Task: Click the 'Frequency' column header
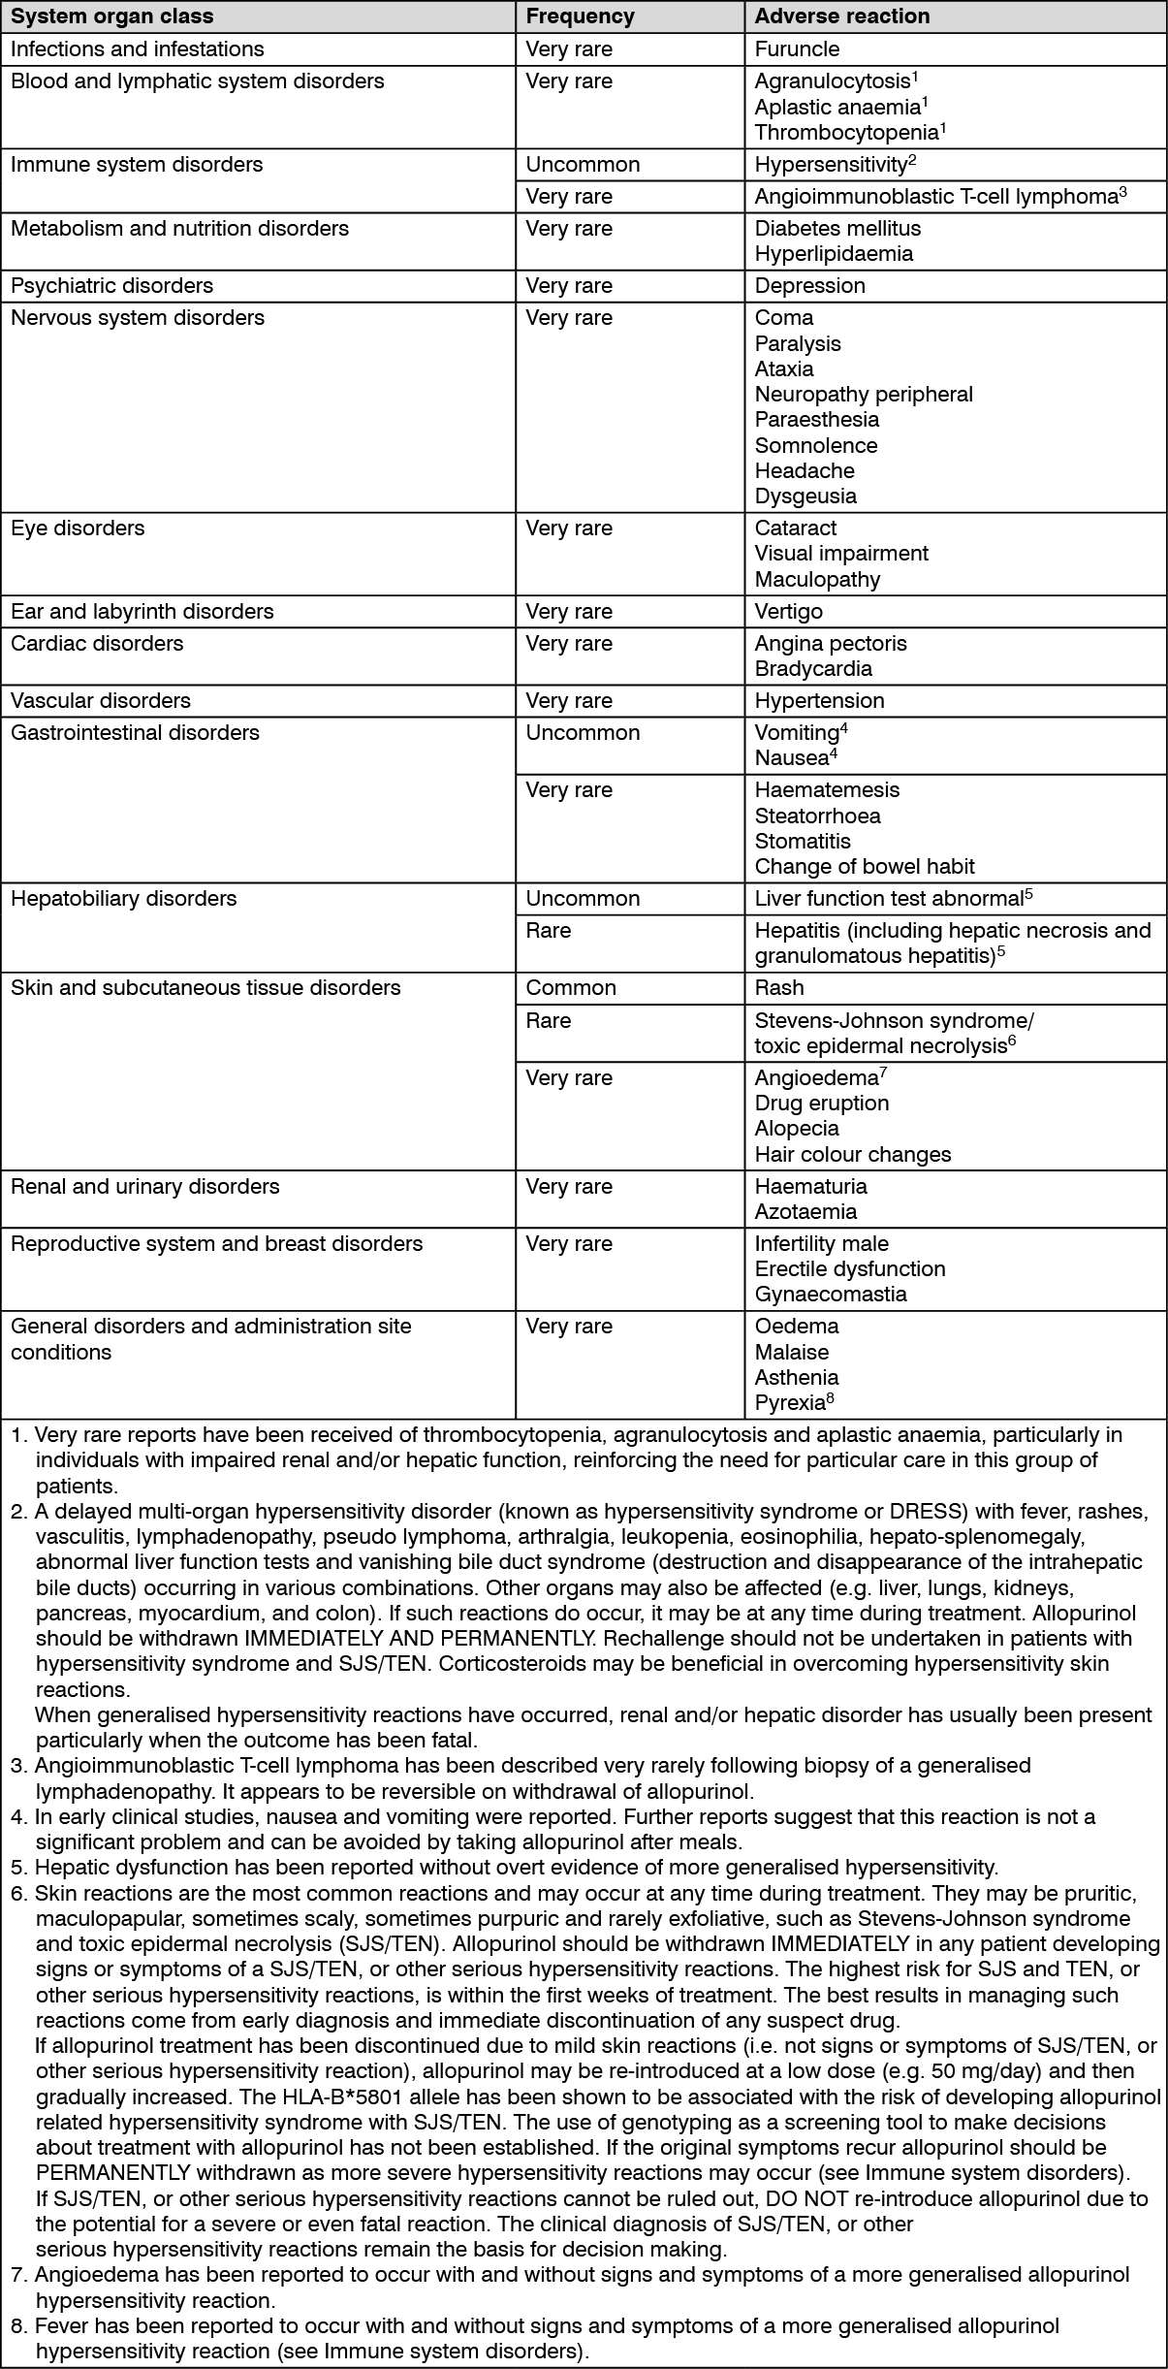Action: pos(580,16)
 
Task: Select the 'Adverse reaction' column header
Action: pos(841,16)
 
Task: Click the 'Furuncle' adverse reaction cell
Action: pos(797,48)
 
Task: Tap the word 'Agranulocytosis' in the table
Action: pos(832,81)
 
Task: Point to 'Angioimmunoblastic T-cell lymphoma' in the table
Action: pos(935,197)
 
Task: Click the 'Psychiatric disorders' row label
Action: pos(111,285)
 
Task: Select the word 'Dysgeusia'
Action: pos(805,496)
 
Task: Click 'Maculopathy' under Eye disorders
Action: pos(817,580)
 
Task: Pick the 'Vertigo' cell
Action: pos(788,612)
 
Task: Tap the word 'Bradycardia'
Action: pos(813,669)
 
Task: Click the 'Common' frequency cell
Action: pos(571,988)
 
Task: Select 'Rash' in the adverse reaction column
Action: pos(779,988)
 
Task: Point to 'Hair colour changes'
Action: pos(853,1155)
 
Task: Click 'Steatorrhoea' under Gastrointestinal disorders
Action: pos(817,816)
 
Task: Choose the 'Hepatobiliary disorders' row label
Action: pos(123,899)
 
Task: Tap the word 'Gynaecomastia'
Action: pos(831,1295)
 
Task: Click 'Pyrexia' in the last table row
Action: pos(789,1403)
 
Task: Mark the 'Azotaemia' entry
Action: pos(805,1212)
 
